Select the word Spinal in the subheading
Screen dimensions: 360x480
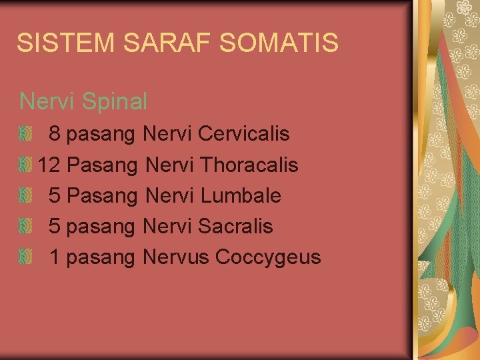(115, 101)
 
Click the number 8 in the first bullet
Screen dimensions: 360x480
(55, 134)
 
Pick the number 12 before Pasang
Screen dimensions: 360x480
(49, 165)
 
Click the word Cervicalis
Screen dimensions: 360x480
(244, 134)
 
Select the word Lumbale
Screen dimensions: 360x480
(241, 195)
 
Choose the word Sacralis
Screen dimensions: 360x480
(235, 226)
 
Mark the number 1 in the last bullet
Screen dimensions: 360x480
(55, 257)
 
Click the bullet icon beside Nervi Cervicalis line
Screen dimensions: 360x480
(25, 134)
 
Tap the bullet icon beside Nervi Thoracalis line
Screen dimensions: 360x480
(25, 165)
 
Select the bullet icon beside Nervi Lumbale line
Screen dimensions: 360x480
(25, 195)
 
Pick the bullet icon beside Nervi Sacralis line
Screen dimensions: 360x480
(25, 226)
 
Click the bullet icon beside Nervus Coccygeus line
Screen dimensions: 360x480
(25, 257)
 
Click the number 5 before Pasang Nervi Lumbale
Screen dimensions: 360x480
(55, 195)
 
